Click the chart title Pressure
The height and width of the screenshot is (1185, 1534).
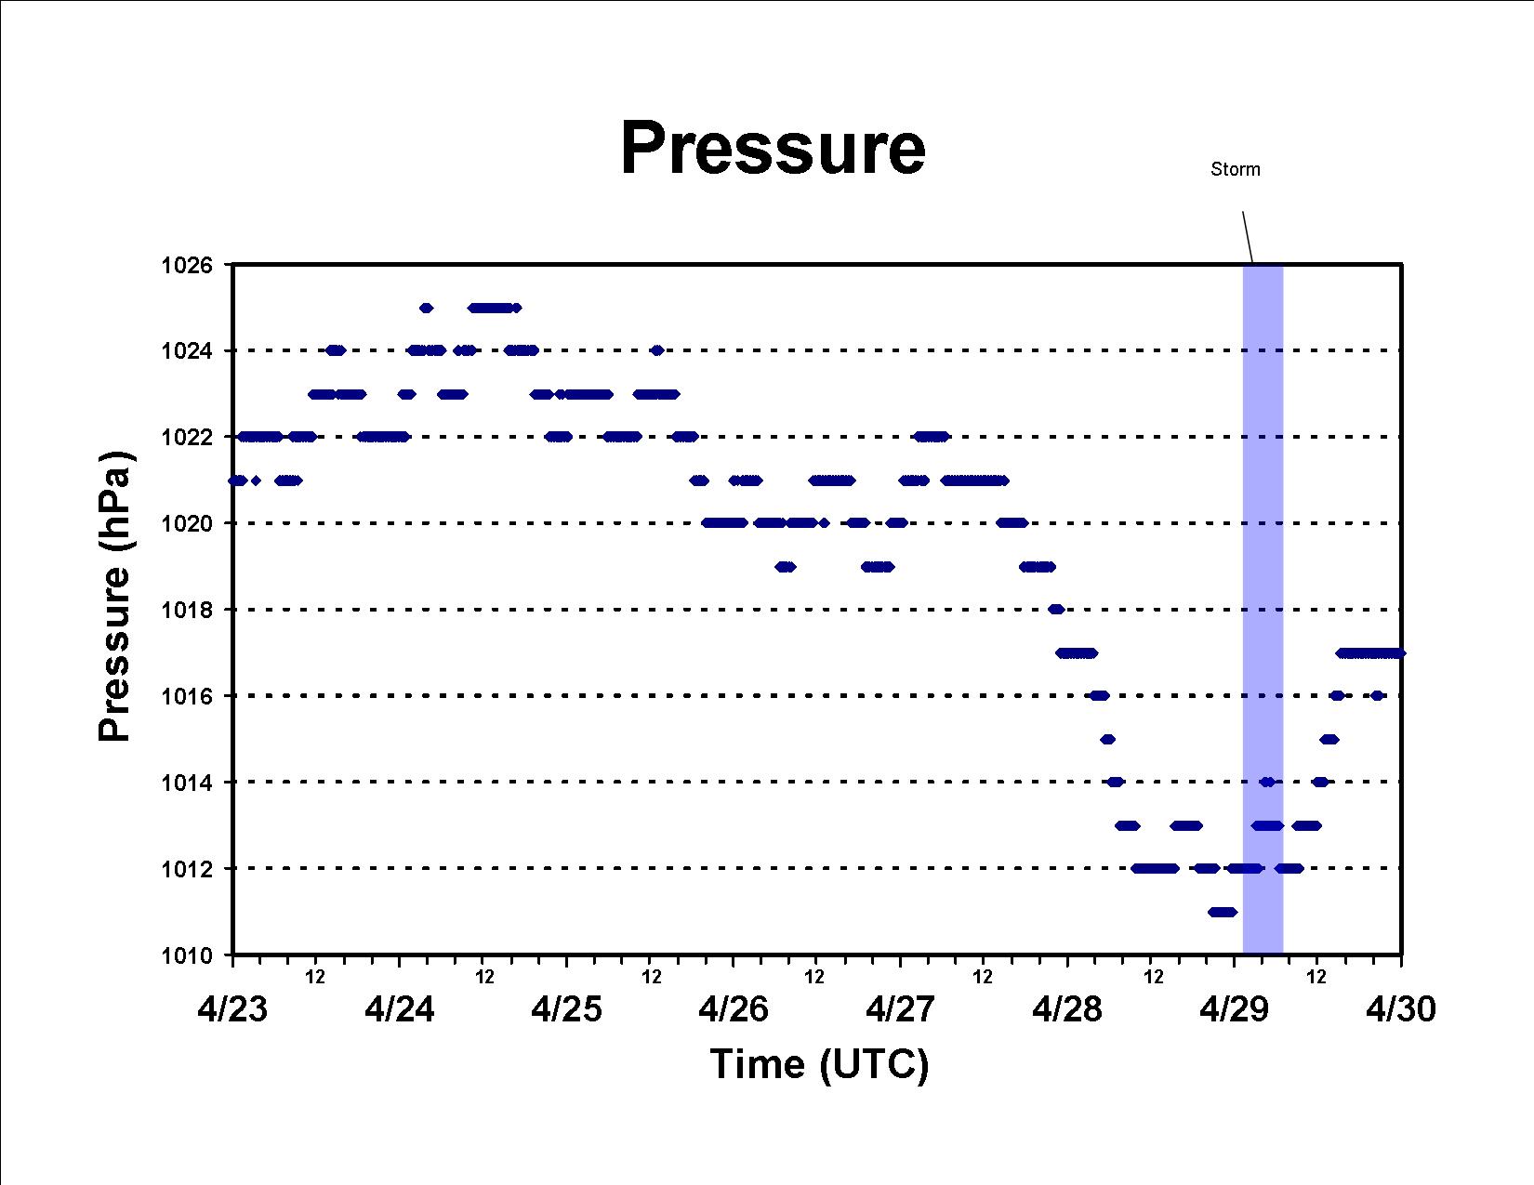773,148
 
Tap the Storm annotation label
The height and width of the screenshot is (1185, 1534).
1236,169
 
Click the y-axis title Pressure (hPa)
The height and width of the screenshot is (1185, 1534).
114,597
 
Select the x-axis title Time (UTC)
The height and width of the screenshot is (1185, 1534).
819,1064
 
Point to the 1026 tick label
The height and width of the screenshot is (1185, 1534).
186,266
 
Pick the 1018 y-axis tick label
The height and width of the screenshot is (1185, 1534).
186,610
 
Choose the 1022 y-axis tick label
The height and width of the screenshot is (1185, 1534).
186,438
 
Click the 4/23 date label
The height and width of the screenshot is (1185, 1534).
233,1009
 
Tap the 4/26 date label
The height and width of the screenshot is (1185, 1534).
734,1009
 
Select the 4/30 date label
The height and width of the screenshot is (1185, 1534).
1401,1009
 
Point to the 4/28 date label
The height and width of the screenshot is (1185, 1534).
1067,1009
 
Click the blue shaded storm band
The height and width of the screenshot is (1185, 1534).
1263,610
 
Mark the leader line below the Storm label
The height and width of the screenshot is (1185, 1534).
1248,238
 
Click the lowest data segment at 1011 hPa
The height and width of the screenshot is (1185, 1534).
1222,912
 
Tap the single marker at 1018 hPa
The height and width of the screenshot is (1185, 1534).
1056,609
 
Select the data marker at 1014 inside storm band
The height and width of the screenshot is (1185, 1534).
1268,782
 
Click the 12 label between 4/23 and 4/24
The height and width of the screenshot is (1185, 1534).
315,977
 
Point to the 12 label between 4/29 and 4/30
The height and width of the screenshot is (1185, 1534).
1316,977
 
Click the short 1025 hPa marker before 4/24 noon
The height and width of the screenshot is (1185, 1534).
427,308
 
